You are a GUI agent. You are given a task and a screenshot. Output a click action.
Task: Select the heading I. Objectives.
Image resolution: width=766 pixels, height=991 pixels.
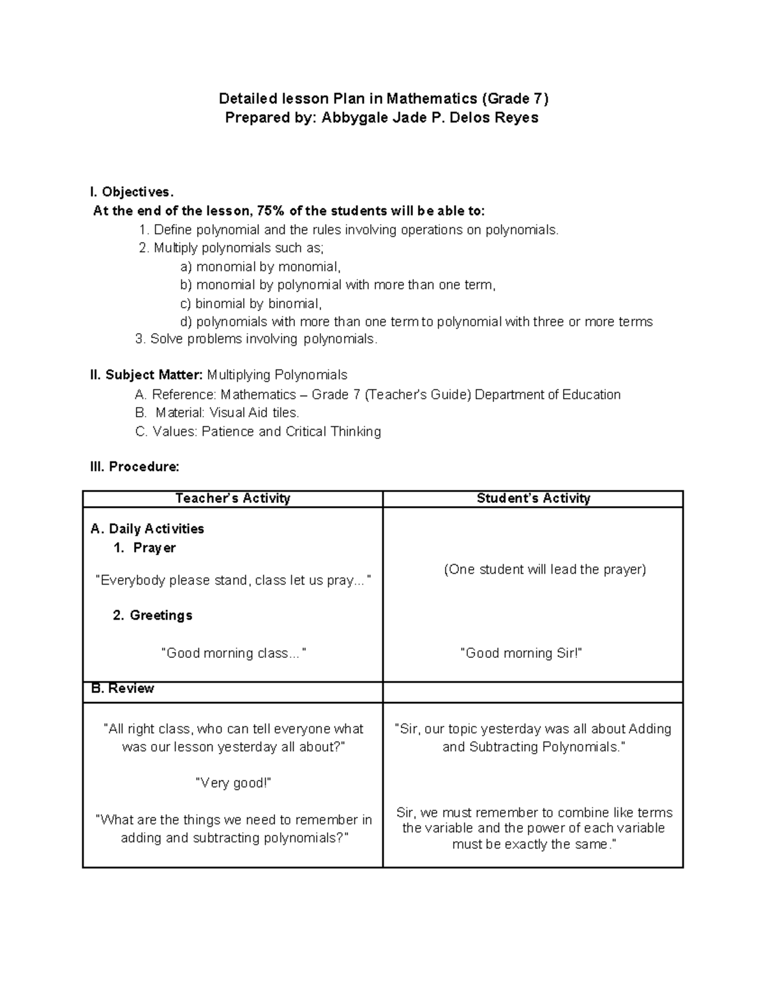click(132, 192)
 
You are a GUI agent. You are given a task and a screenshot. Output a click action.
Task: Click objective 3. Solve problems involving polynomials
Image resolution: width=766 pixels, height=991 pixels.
click(257, 339)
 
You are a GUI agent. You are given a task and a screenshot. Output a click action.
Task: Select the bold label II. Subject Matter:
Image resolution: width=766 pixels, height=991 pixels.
click(147, 375)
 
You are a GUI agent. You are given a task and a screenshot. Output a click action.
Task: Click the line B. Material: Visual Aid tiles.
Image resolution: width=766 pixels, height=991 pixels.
click(218, 413)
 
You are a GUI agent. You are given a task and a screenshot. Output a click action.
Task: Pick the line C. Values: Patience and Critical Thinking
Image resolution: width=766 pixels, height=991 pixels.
click(259, 432)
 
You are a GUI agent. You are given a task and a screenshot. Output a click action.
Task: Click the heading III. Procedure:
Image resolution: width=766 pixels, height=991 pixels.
click(135, 467)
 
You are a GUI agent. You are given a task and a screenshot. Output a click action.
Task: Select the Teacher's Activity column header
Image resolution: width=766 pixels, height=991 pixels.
click(232, 498)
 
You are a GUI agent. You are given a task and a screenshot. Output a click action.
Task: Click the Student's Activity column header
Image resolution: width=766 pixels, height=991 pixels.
click(533, 498)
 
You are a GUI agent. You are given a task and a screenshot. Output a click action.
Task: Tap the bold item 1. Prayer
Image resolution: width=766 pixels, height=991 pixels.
click(145, 548)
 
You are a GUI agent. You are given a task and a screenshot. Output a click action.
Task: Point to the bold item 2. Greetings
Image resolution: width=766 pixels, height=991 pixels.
click(153, 616)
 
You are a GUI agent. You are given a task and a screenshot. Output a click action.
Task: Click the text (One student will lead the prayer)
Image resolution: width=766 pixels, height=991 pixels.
click(545, 570)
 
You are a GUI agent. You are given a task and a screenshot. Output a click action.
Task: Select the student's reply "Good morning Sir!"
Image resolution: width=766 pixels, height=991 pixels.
click(521, 653)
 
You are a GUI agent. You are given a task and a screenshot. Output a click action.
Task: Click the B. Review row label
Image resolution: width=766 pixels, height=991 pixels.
click(123, 689)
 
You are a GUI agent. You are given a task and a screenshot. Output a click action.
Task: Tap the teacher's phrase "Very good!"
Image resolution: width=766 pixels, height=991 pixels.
click(233, 784)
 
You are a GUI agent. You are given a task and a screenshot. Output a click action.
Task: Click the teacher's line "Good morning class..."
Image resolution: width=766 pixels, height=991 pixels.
click(233, 653)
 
